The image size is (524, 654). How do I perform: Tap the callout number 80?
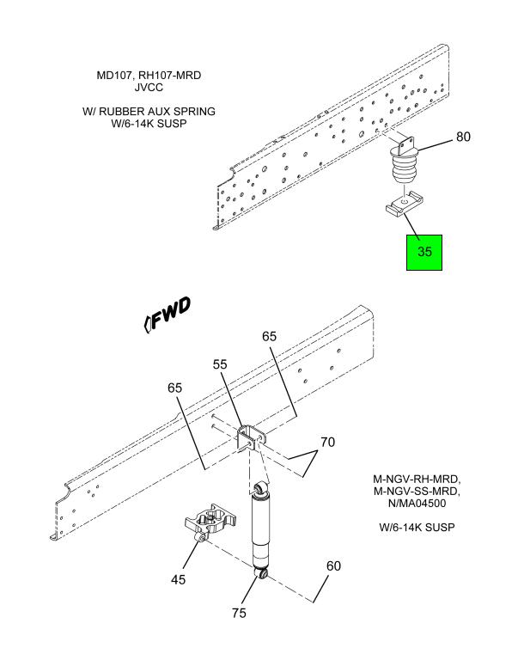coord(463,138)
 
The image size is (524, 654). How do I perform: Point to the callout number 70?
coord(326,443)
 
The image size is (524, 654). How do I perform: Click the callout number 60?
coord(332,566)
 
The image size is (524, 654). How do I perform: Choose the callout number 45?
coord(178,579)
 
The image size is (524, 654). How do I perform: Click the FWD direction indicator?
coord(168,317)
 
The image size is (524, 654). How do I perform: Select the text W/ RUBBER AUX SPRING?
coord(149,112)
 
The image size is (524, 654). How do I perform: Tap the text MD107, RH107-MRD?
coord(149,76)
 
